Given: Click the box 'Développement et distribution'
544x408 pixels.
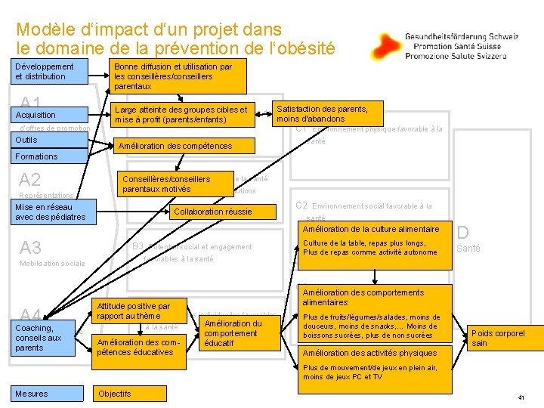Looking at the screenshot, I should point(50,71).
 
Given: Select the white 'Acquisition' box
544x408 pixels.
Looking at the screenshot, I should point(50,115).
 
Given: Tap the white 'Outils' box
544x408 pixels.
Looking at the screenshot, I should point(50,140).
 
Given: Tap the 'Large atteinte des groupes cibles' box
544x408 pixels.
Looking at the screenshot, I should point(181,115).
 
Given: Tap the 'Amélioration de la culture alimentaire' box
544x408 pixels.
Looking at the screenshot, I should point(372,228).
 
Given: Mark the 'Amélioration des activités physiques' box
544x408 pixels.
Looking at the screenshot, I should point(372,352).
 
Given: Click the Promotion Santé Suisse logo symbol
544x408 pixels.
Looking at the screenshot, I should point(386,46).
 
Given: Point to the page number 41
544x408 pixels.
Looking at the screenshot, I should point(521,397).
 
